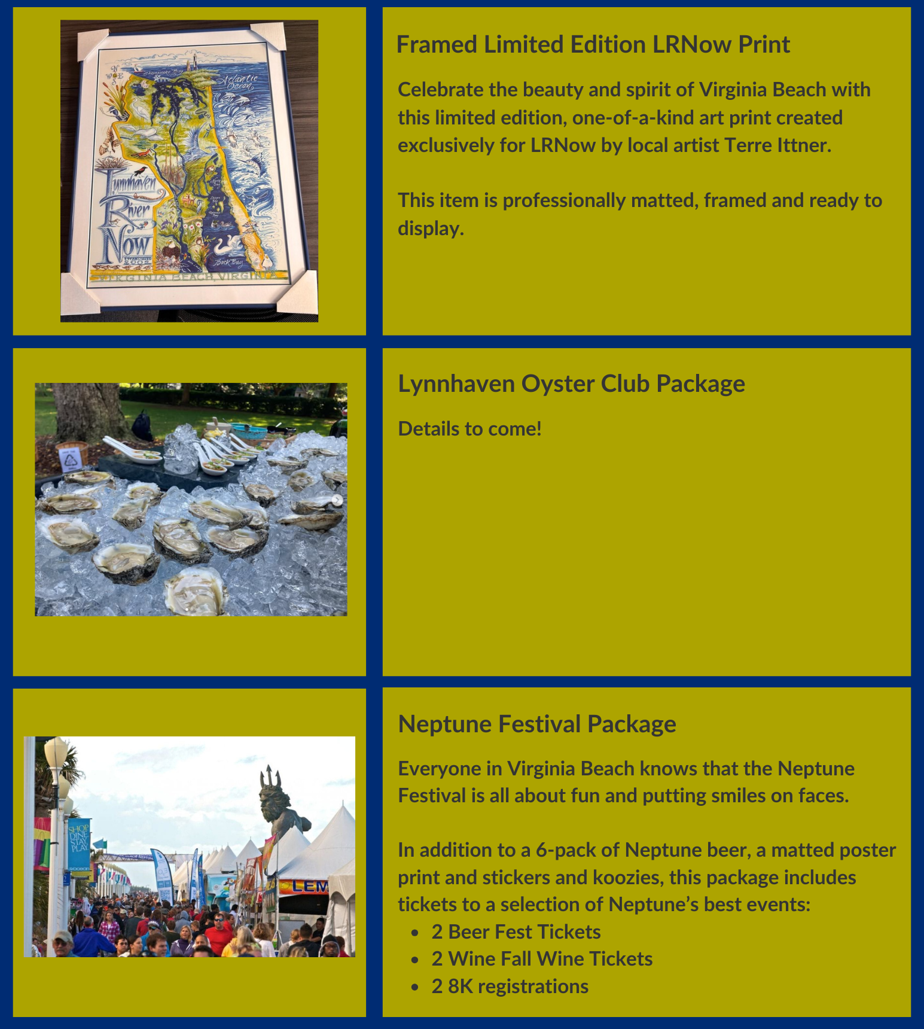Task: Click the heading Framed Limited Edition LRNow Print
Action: point(593,45)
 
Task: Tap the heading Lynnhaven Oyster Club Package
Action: point(571,384)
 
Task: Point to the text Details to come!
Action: point(469,429)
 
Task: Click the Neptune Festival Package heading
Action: point(536,724)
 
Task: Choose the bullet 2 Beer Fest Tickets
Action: point(516,932)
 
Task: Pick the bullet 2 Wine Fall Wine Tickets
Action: point(541,959)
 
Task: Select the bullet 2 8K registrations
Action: point(510,987)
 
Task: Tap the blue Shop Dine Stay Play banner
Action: point(79,844)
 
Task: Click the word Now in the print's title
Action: point(126,245)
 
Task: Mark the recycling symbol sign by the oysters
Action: point(71,459)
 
